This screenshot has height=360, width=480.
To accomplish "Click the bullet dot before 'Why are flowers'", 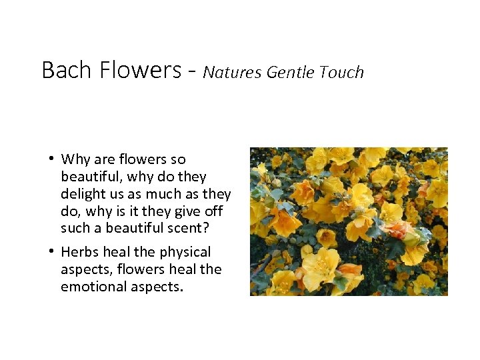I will [x=51, y=159].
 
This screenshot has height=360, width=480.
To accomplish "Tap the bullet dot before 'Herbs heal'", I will [x=51, y=252].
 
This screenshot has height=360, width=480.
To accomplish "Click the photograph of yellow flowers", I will [x=349, y=221].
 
